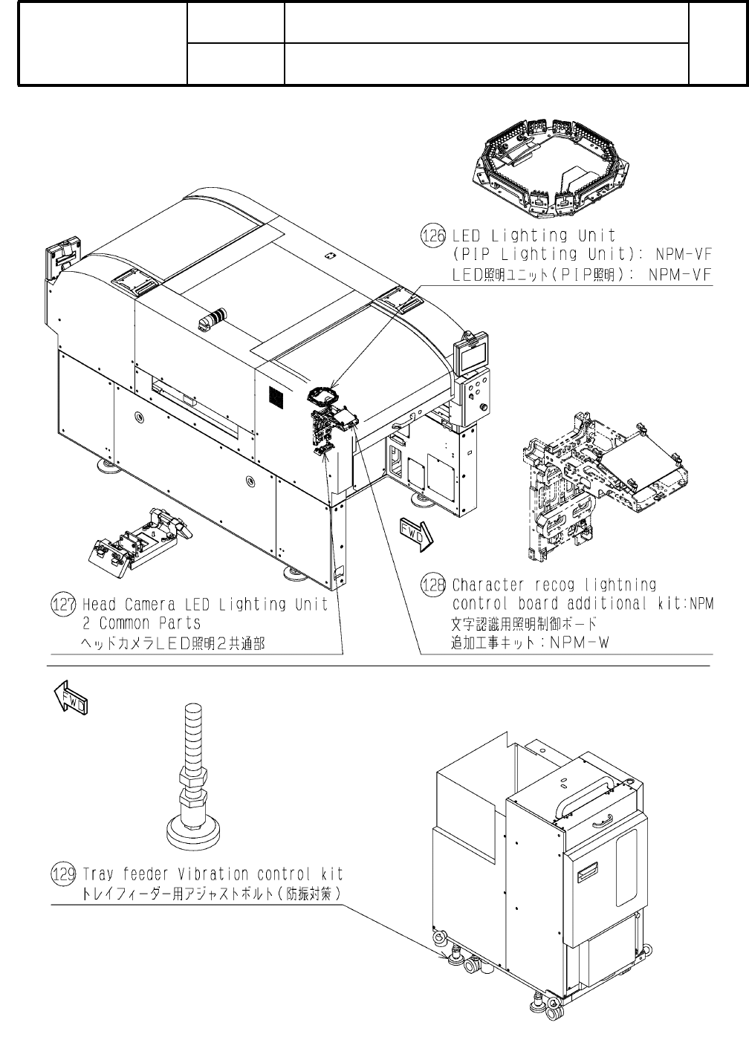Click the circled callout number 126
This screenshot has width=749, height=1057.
click(x=432, y=236)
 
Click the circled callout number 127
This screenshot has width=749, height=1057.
click(x=64, y=605)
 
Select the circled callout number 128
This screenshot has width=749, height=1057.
click(x=433, y=585)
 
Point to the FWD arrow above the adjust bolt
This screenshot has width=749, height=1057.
click(x=71, y=698)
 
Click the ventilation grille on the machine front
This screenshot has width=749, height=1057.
click(x=275, y=397)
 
